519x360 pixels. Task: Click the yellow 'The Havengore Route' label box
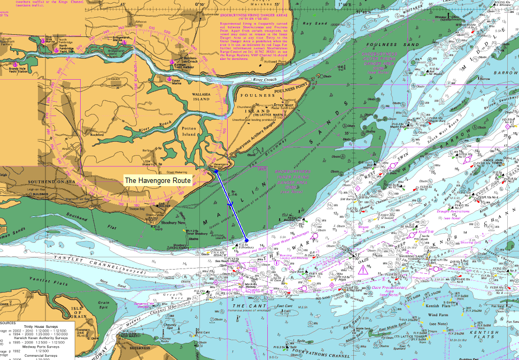[x=157, y=181]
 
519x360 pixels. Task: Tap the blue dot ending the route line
[x=246, y=240]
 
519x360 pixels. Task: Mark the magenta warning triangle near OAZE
[x=363, y=270]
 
